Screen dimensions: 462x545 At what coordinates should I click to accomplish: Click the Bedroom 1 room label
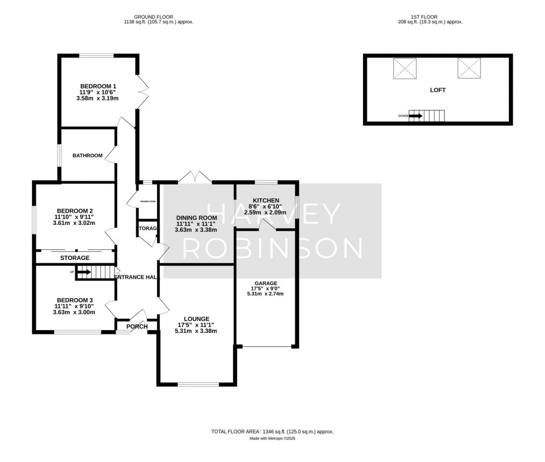98,86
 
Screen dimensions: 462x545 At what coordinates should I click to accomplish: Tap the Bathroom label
87,156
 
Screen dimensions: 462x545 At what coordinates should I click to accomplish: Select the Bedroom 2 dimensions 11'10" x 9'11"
74,216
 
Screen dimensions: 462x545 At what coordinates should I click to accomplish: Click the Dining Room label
196,218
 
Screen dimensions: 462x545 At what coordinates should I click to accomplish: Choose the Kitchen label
266,200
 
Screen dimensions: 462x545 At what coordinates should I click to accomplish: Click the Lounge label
196,319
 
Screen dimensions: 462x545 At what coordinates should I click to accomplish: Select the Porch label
137,326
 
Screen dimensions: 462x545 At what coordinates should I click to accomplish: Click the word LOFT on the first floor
437,90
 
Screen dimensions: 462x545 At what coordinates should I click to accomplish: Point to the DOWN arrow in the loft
416,115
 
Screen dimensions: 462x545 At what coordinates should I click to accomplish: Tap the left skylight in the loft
404,69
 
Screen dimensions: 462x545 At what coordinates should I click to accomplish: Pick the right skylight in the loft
469,69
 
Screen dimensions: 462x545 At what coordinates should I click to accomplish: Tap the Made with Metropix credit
272,439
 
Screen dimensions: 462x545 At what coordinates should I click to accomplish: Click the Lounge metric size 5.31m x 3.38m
196,331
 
